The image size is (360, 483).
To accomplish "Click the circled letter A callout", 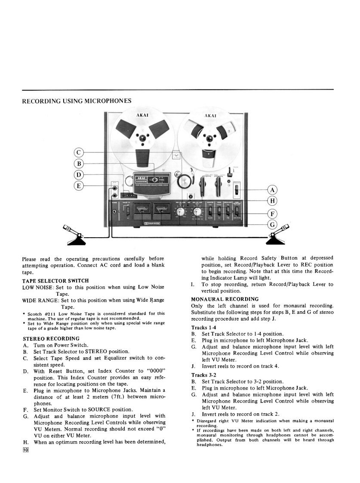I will [x=272, y=190].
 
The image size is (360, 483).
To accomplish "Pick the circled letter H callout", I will [x=272, y=201].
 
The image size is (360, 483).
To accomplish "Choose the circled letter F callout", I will [x=272, y=213].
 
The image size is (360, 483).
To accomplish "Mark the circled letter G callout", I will [x=272, y=224].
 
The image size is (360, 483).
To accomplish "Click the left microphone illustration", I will [x=74, y=235].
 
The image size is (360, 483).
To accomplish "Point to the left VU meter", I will [x=142, y=211].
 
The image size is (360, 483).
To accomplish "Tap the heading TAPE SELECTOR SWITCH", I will [x=55, y=281].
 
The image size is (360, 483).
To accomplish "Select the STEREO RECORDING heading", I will [x=51, y=339].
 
